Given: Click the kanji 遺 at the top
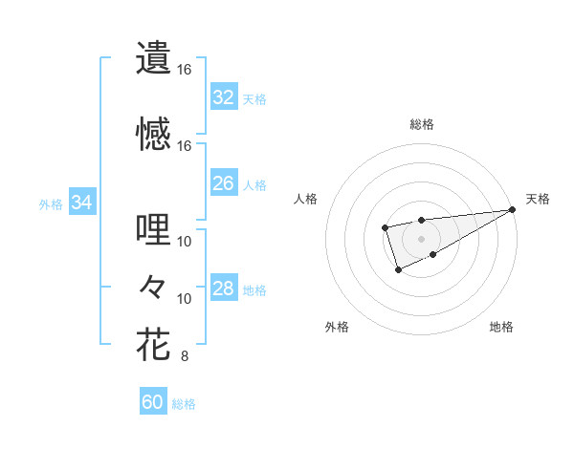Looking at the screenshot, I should click(x=153, y=57).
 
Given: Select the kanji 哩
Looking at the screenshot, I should click(x=153, y=229).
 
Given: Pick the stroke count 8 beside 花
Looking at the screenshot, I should click(x=185, y=357).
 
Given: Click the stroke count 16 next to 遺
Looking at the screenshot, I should click(x=185, y=70).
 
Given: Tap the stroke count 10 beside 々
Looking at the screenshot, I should click(x=185, y=299).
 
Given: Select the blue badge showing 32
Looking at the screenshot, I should click(x=223, y=97).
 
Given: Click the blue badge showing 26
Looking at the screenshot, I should click(x=223, y=183).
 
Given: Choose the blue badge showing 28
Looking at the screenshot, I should click(x=223, y=289).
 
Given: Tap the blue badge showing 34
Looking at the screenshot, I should click(x=82, y=203).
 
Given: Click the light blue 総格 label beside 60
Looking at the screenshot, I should click(x=184, y=404).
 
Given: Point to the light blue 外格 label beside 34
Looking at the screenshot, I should click(x=51, y=203).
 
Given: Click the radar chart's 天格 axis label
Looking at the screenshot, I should click(x=538, y=199).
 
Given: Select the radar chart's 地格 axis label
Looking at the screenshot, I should click(x=501, y=327).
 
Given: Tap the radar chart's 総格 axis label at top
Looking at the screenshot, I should click(x=421, y=124).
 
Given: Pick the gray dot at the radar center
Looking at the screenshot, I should click(x=421, y=237).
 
